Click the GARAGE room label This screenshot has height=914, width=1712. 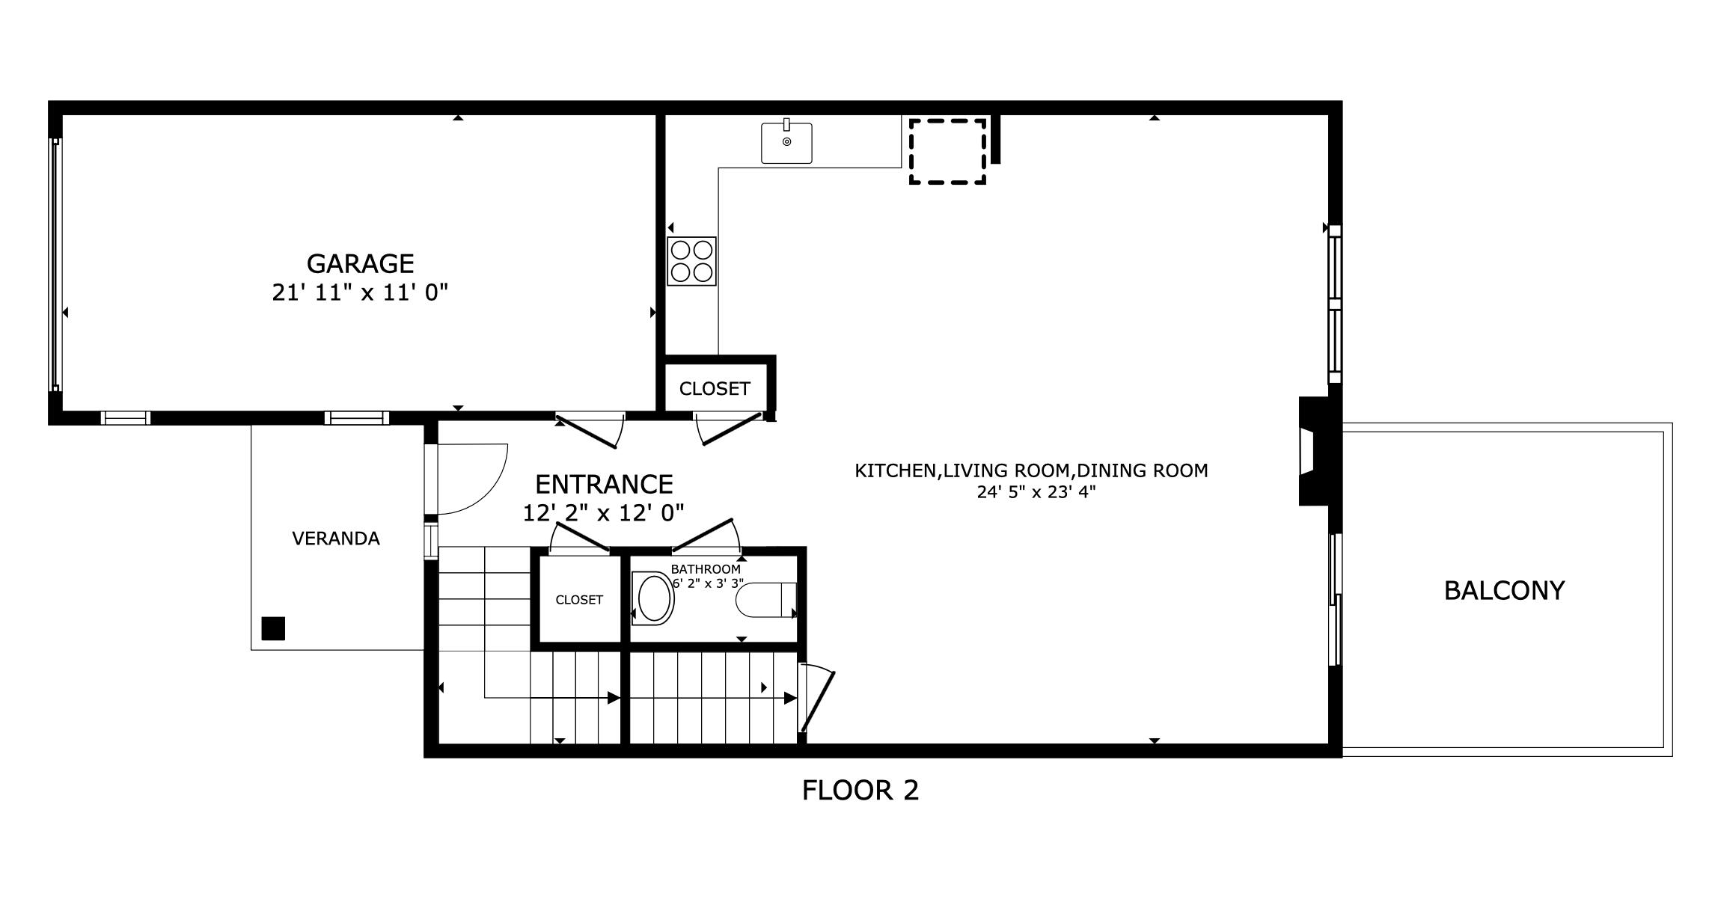[x=360, y=264]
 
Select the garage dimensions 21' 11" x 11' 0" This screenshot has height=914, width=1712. [x=360, y=292]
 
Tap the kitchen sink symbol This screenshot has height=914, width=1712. [x=786, y=143]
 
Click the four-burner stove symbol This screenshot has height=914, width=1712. [x=691, y=261]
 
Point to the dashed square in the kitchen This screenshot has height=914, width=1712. [x=947, y=151]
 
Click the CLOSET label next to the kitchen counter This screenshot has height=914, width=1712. [x=715, y=389]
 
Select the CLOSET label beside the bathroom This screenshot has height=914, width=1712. [x=579, y=600]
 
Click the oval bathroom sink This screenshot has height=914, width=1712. [x=654, y=598]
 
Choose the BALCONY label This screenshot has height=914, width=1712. [x=1504, y=591]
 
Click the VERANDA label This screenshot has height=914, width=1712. [x=336, y=539]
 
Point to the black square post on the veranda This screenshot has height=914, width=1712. [x=273, y=628]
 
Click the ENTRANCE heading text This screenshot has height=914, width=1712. [x=604, y=485]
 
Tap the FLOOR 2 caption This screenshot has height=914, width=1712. [x=860, y=790]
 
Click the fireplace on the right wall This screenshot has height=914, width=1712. [x=1314, y=452]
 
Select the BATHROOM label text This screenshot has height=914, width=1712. [x=706, y=569]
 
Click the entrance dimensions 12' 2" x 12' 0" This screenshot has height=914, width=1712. [x=603, y=513]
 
